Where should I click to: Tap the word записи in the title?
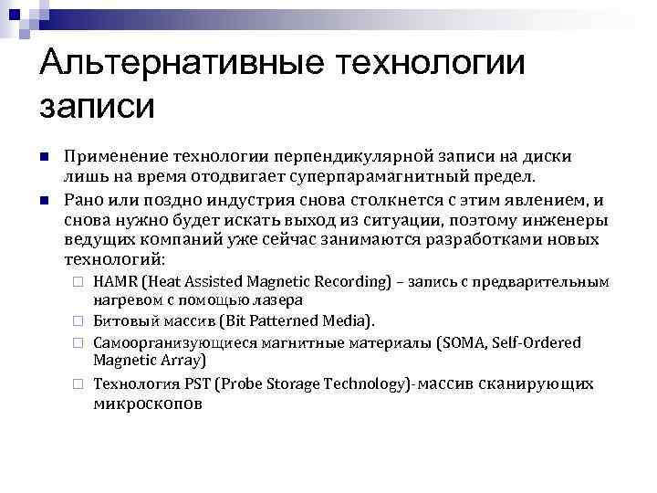click(x=99, y=105)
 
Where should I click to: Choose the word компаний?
click(x=182, y=239)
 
